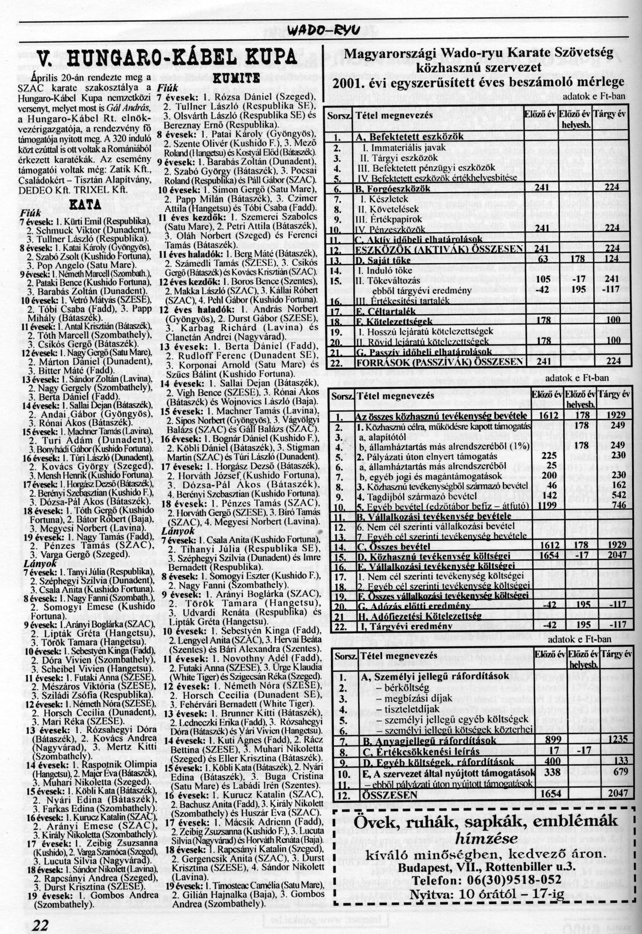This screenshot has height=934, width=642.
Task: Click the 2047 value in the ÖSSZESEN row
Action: click(x=618, y=793)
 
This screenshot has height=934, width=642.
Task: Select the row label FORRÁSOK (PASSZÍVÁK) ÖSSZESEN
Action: click(x=440, y=361)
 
